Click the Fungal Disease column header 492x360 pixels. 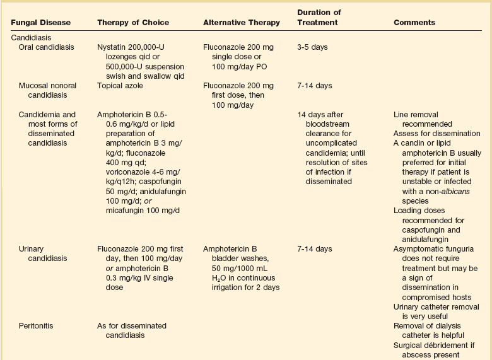pyautogui.click(x=41, y=23)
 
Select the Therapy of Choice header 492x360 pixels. pyautogui.click(x=133, y=23)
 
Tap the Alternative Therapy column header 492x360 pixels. pyautogui.click(x=242, y=23)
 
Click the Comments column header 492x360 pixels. pyautogui.click(x=414, y=23)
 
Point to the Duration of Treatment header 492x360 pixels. pyautogui.click(x=319, y=18)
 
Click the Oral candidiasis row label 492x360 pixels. pyautogui.click(x=50, y=47)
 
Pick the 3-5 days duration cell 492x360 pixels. pyautogui.click(x=312, y=47)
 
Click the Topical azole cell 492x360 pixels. pyautogui.click(x=120, y=86)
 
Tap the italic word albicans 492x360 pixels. pyautogui.click(x=450, y=191)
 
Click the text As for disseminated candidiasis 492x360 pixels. pyautogui.click(x=132, y=330)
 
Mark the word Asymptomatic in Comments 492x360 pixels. pyautogui.click(x=417, y=249)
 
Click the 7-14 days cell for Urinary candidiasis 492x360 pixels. pyautogui.click(x=314, y=249)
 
